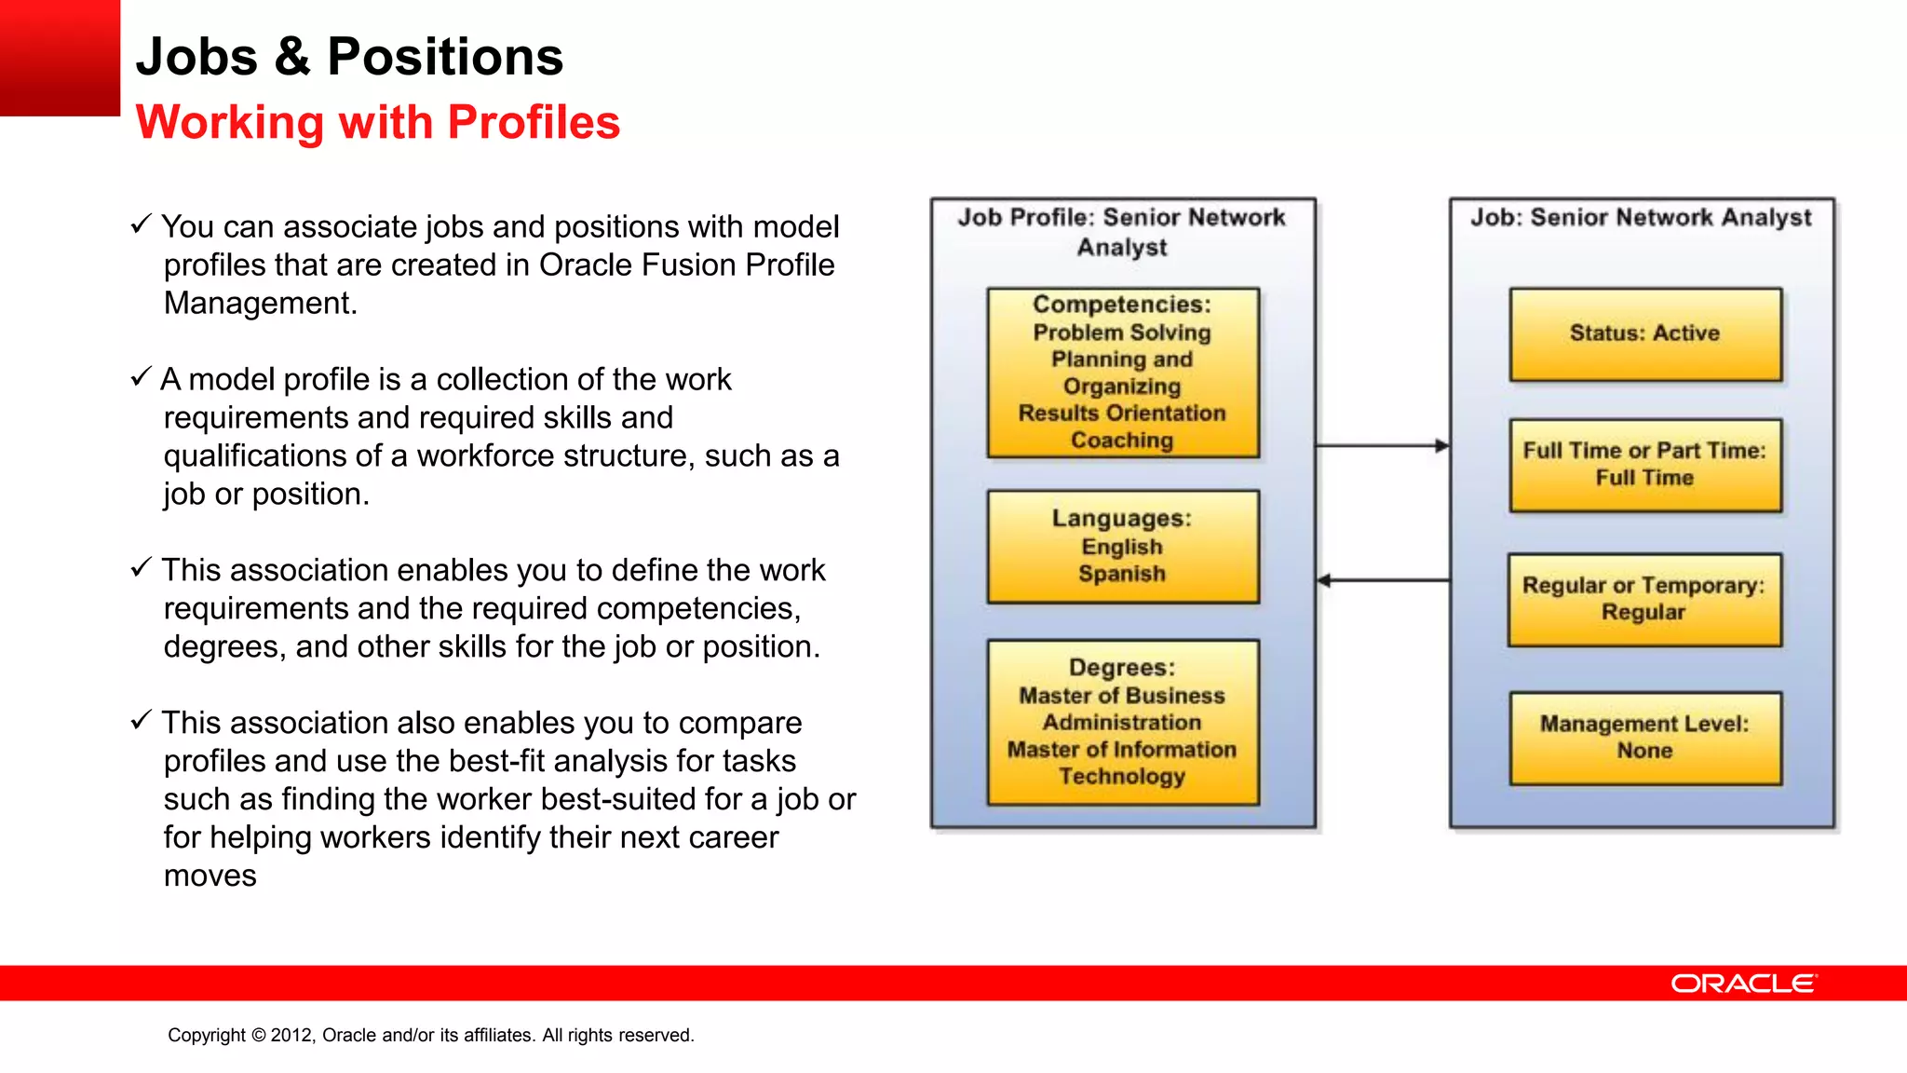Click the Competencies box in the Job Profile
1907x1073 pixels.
[1123, 373]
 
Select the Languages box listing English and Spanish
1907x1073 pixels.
[1123, 547]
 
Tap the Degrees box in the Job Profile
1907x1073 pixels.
[1123, 722]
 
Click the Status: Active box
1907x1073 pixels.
[1645, 334]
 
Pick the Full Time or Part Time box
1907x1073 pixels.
[1645, 465]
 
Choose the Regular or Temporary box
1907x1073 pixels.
[1644, 600]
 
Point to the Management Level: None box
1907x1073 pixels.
[1645, 738]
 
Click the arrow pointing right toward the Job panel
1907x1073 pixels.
[1383, 446]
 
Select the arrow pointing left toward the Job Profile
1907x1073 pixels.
[1383, 580]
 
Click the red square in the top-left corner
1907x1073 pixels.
[60, 58]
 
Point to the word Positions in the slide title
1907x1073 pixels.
[445, 57]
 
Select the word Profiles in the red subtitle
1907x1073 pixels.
[534, 122]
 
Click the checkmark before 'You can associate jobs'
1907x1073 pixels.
[141, 224]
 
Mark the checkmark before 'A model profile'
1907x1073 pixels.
[141, 377]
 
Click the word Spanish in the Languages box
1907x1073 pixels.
[1122, 574]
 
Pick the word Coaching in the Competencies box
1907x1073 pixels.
[1122, 440]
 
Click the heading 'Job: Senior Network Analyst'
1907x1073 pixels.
[1641, 217]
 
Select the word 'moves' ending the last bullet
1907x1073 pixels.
[210, 876]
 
